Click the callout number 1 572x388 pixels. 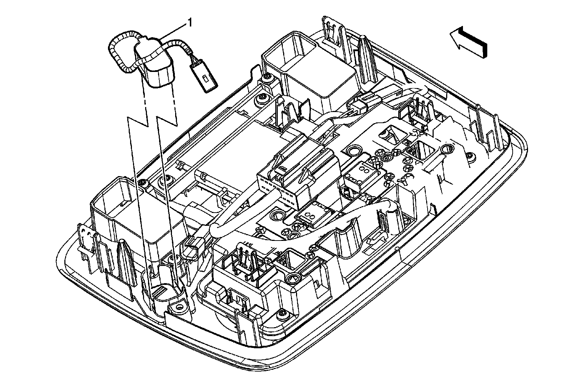pos(190,23)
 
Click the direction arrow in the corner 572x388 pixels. pos(468,42)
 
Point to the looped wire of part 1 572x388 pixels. pos(120,54)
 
